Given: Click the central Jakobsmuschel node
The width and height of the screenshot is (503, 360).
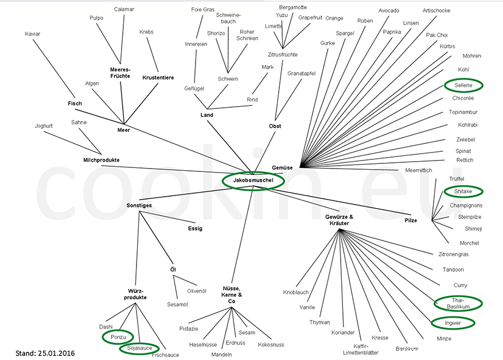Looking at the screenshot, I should [253, 181].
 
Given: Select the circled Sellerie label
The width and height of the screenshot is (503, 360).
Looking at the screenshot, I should [463, 85].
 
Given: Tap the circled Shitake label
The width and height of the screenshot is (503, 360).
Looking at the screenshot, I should [463, 191].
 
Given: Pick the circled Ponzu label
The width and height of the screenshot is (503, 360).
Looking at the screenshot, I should [118, 336].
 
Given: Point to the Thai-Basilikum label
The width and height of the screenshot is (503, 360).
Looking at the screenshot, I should [458, 303].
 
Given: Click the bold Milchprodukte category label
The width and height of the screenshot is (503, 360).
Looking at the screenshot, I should [101, 160].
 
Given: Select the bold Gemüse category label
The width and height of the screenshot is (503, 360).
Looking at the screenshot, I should [283, 167].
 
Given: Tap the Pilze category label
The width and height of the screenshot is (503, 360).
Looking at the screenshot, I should [411, 220].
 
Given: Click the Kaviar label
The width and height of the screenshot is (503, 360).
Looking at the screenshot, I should [33, 34].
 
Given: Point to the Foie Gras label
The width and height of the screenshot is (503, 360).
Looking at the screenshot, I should [202, 10].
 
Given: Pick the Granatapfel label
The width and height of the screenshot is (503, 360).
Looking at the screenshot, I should [302, 73].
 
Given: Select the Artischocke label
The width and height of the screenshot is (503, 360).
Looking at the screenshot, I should [436, 10].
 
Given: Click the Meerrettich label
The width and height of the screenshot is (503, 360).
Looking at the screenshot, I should [418, 170].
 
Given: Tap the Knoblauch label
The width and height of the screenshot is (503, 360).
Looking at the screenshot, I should [296, 292].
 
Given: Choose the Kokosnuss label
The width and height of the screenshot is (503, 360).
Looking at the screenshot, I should [271, 345].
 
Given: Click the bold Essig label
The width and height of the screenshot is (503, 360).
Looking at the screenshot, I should [195, 228].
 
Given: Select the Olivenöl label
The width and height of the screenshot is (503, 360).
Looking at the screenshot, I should [196, 291].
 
